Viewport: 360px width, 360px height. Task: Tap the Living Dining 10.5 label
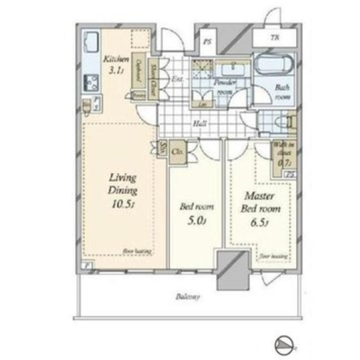tap(123, 191)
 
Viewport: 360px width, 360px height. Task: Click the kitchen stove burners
tap(92, 81)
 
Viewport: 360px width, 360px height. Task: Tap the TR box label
tap(274, 37)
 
